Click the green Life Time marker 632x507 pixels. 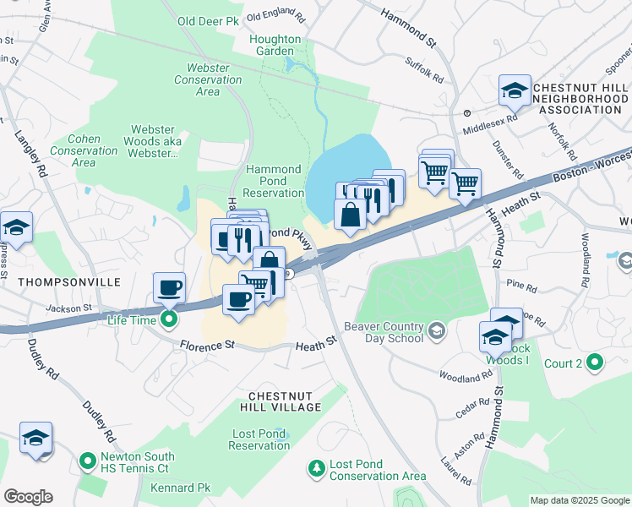tap(169, 319)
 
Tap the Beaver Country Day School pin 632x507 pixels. tap(436, 329)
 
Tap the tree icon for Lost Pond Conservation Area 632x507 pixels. tap(316, 467)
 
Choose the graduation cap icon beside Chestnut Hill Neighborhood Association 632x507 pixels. tap(514, 91)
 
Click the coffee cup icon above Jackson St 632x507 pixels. tap(170, 288)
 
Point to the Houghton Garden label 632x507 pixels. tap(275, 45)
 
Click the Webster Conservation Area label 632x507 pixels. tap(208, 79)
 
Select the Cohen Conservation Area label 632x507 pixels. tap(84, 150)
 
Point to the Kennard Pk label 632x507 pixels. tap(180, 488)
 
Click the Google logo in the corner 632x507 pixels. tap(29, 497)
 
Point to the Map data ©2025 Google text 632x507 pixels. tap(579, 500)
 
